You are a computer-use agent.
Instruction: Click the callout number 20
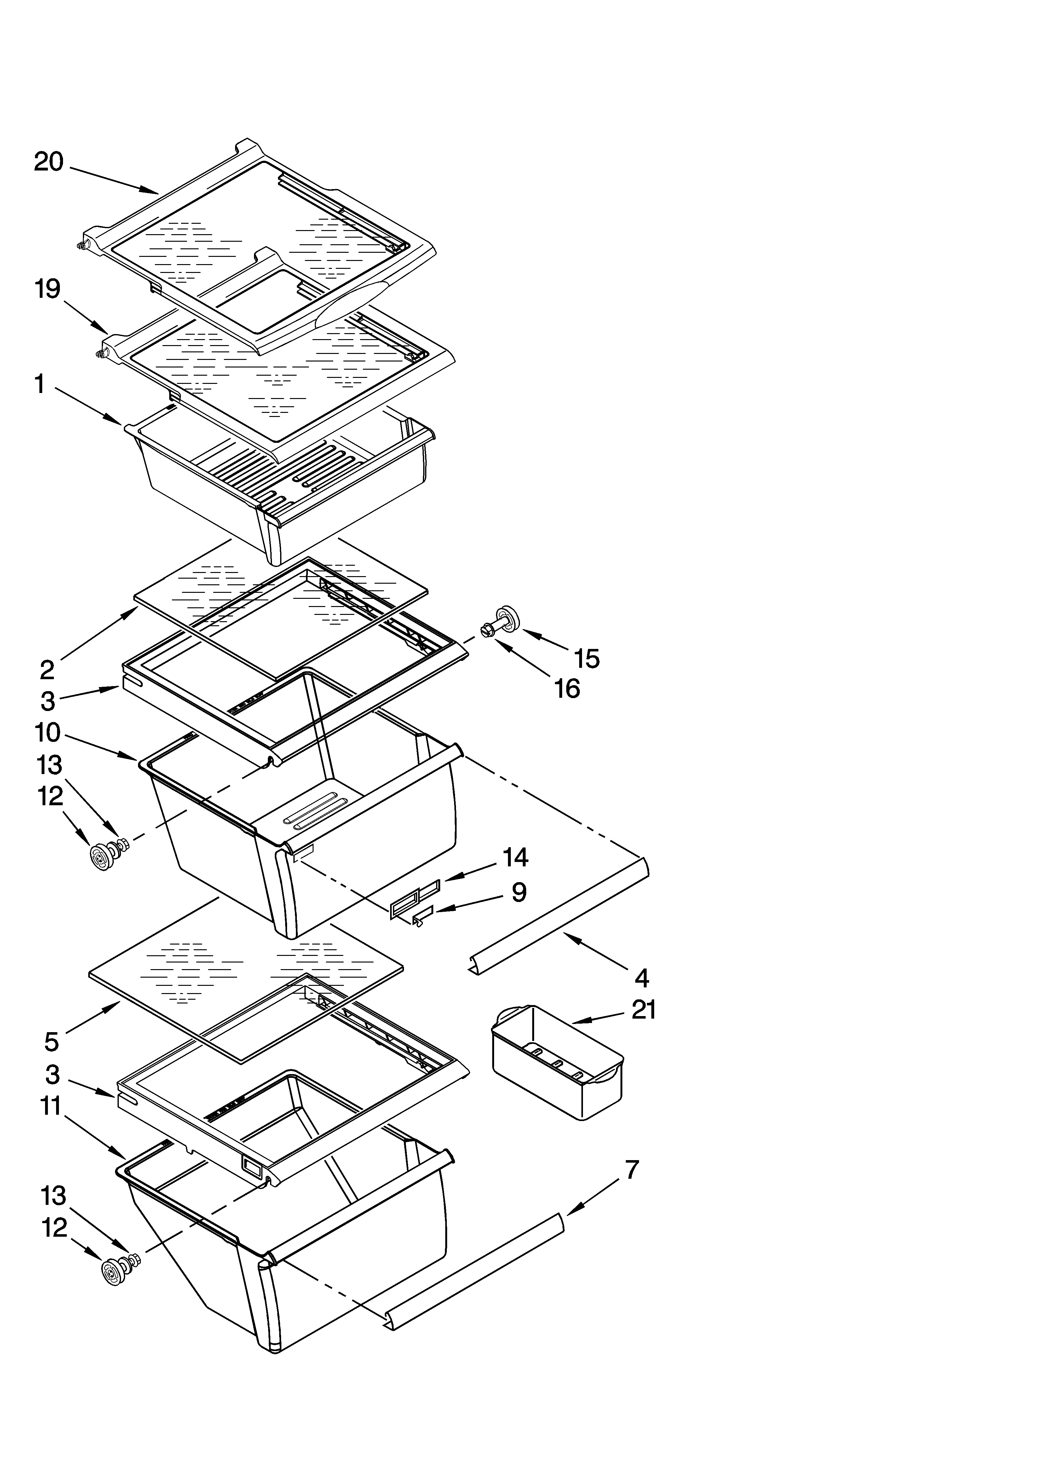coord(49,161)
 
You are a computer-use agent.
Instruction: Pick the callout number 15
coord(587,658)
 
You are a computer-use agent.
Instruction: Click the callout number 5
coord(52,1041)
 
